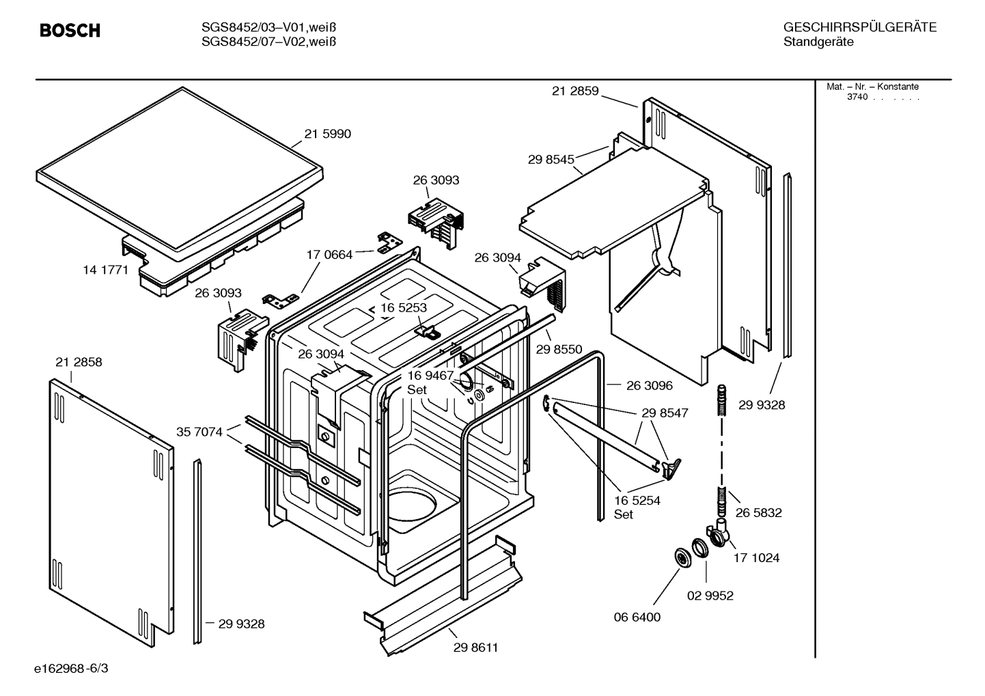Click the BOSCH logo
[x=70, y=31]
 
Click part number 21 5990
[x=327, y=134]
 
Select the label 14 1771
[x=105, y=270]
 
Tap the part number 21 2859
[x=575, y=91]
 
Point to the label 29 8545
[x=551, y=159]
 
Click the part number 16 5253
[x=404, y=307]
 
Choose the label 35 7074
[x=199, y=432]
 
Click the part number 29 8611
[x=475, y=648]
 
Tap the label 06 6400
[x=637, y=617]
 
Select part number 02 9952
[x=710, y=596]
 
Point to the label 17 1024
[x=756, y=557]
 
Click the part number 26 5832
[x=758, y=512]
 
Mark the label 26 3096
[x=649, y=385]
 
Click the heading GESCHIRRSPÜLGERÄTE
[x=859, y=27]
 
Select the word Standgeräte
[x=818, y=42]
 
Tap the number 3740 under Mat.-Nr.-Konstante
[x=857, y=97]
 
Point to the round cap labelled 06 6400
[x=681, y=557]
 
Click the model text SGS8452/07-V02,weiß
[x=268, y=42]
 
